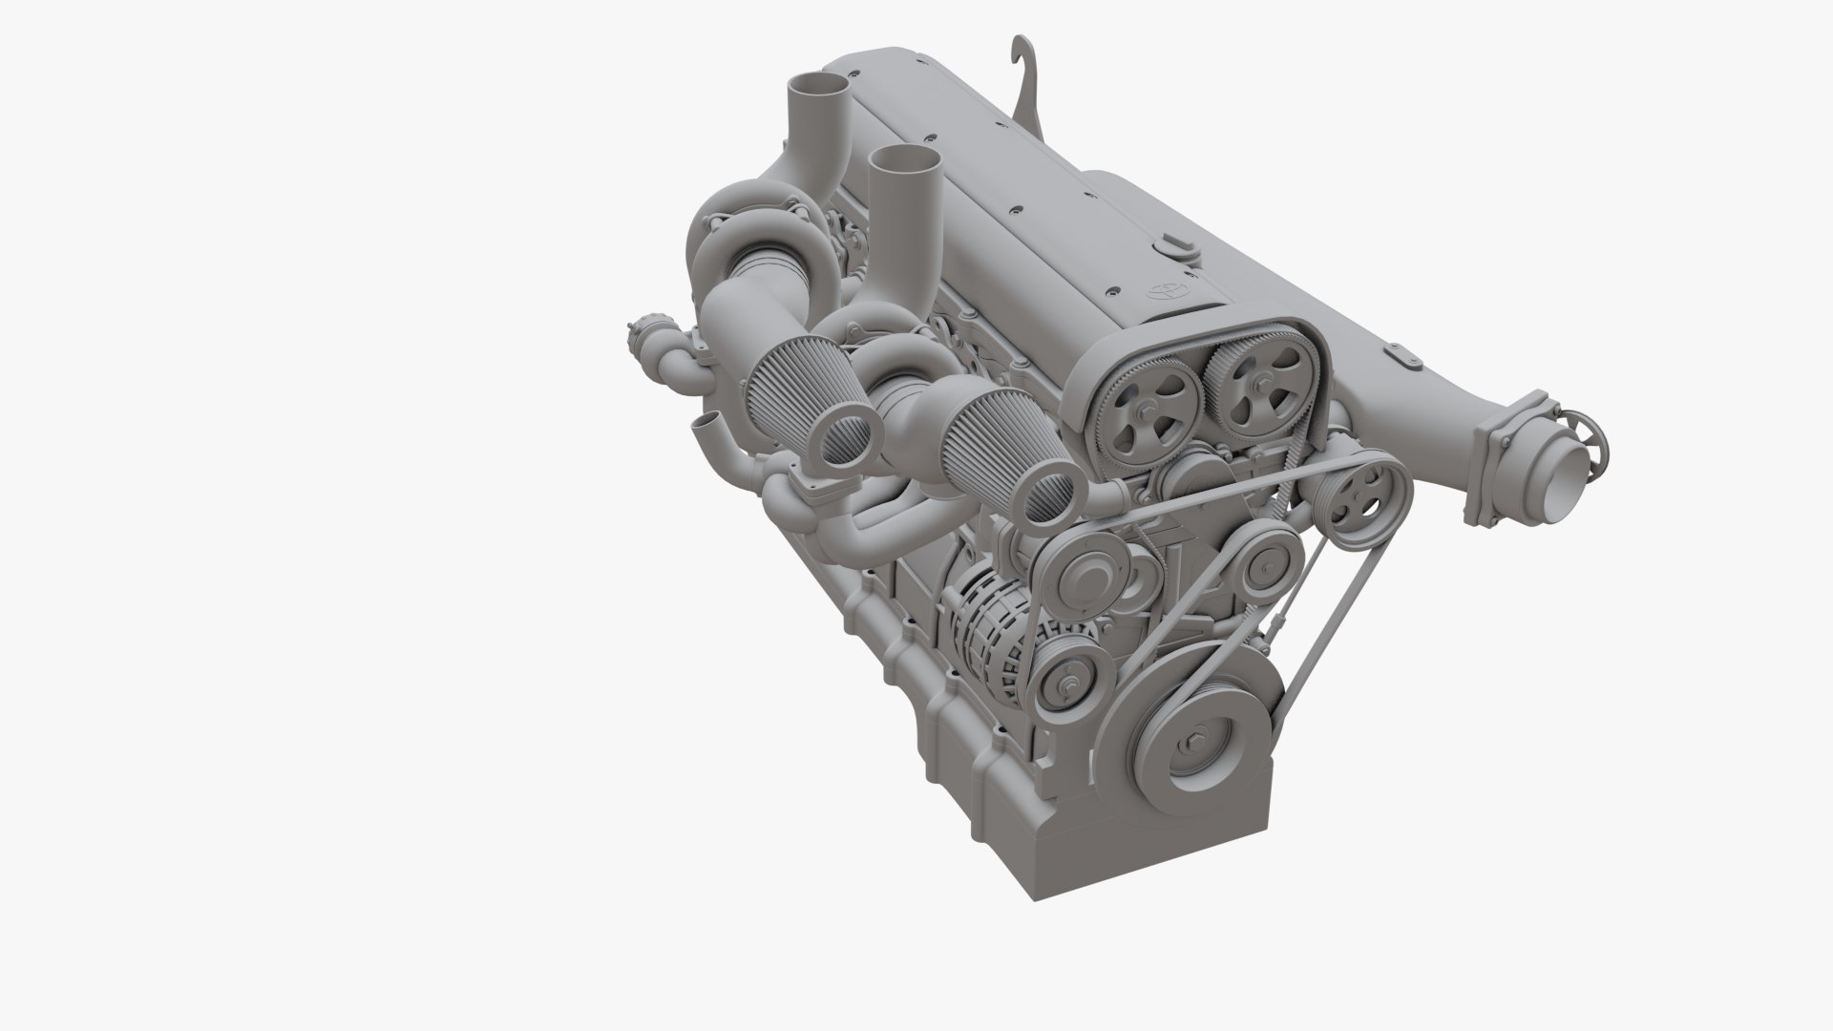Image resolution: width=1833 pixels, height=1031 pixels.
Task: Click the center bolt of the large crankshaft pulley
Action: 1196,746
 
